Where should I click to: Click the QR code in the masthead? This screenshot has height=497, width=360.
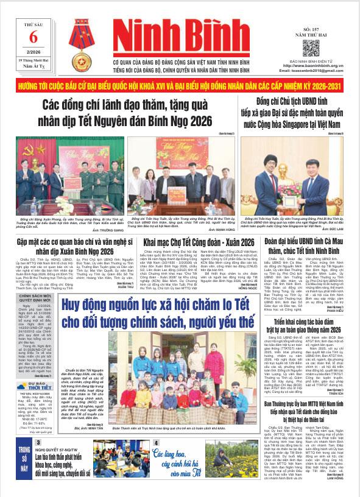(311, 48)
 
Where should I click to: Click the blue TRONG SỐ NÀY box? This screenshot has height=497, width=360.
(16, 464)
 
